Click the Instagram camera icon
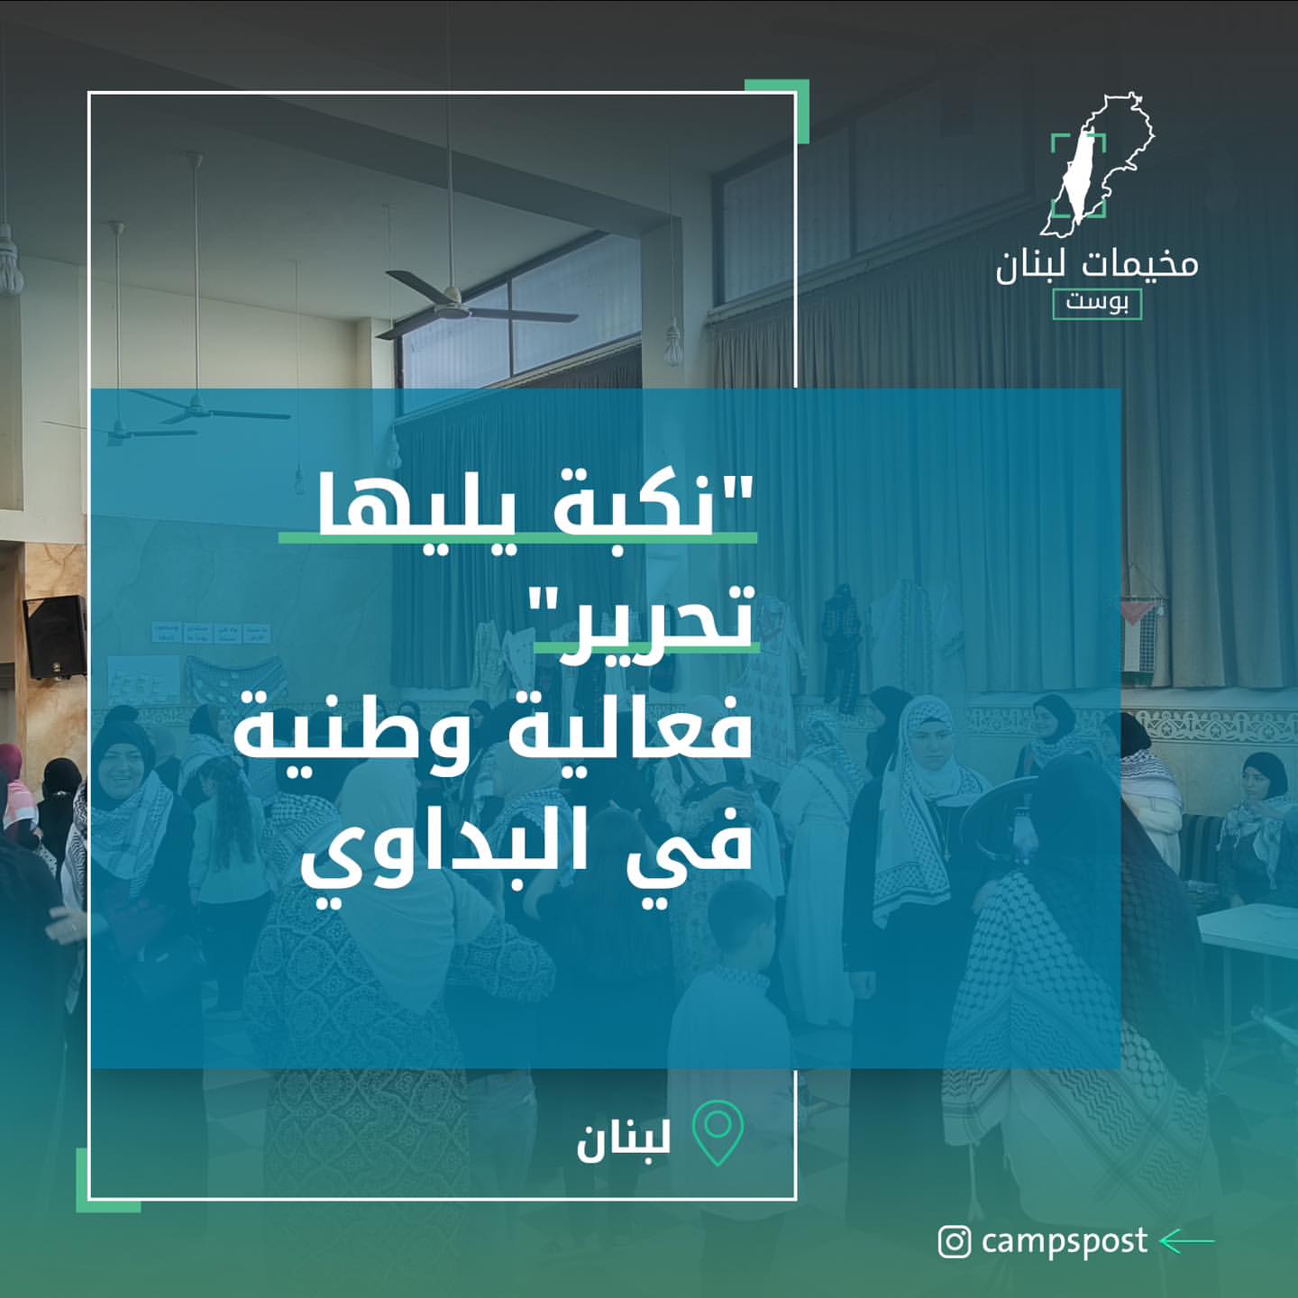click(954, 1241)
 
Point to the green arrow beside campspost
click(1187, 1241)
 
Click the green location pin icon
click(718, 1134)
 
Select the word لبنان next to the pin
click(624, 1138)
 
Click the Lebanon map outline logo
click(1097, 164)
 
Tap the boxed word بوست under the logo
click(1097, 304)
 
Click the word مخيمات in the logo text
click(1139, 264)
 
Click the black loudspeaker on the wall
click(55, 636)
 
